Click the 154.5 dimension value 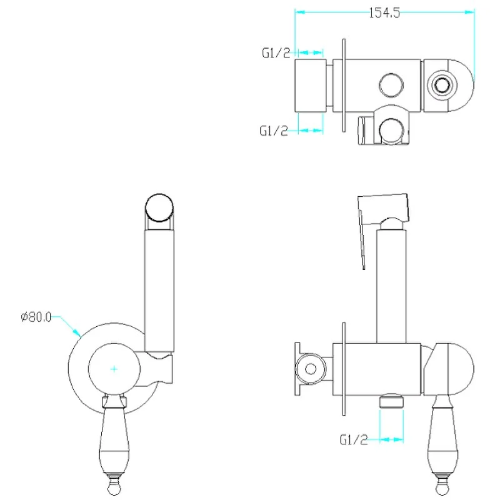pyautogui.click(x=384, y=12)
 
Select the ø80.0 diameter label pyautogui.click(x=36, y=317)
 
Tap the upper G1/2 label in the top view pyautogui.click(x=276, y=52)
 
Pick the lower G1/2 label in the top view pyautogui.click(x=274, y=131)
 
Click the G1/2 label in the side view pyautogui.click(x=354, y=440)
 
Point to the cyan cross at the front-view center pyautogui.click(x=114, y=369)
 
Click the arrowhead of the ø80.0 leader pyautogui.click(x=77, y=332)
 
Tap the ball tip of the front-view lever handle pyautogui.click(x=114, y=489)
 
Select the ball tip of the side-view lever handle pyautogui.click(x=442, y=489)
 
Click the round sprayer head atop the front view pyautogui.click(x=159, y=208)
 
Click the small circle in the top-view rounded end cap pyautogui.click(x=442, y=85)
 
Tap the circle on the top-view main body pyautogui.click(x=391, y=85)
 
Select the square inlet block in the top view pyautogui.click(x=311, y=86)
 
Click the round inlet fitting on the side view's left pyautogui.click(x=311, y=369)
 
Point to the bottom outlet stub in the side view pyautogui.click(x=391, y=401)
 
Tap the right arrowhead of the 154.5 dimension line pyautogui.click(x=470, y=12)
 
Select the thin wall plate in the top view pyautogui.click(x=344, y=85)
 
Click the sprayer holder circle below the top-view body pyautogui.click(x=391, y=131)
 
